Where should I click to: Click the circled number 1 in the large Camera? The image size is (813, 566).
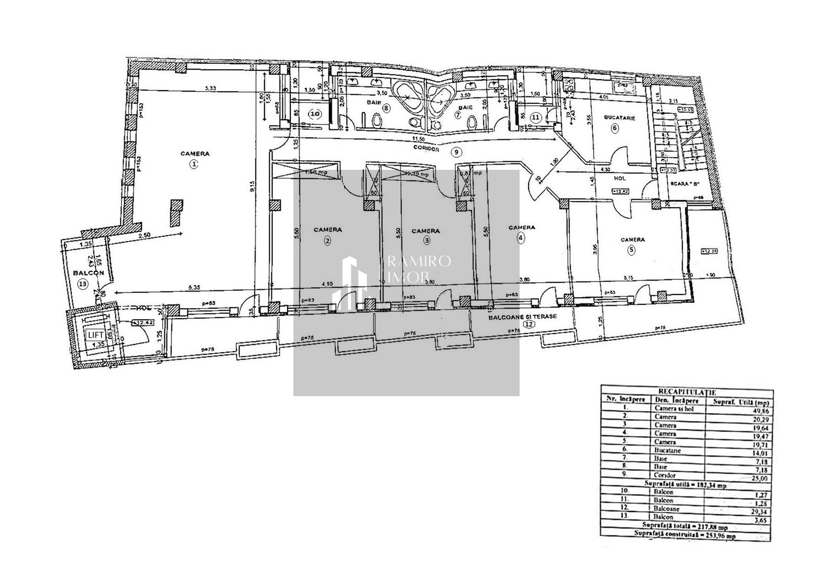(x=194, y=164)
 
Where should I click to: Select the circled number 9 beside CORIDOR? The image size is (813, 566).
(x=456, y=152)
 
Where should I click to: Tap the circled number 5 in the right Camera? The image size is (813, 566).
(x=631, y=250)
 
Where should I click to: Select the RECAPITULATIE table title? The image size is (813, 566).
(x=686, y=391)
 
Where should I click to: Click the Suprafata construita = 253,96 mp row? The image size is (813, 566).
(x=686, y=536)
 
